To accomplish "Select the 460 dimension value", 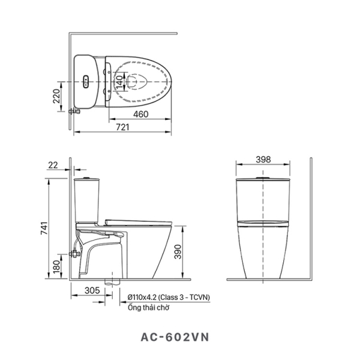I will coord(140,114).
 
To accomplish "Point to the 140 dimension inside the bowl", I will coord(119,80).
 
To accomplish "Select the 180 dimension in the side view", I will coord(55,265).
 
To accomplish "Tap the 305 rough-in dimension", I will coord(91,290).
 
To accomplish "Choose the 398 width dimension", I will coord(263,160).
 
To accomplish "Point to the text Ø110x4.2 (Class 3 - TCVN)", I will coord(169,297).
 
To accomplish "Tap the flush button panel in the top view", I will coord(86,80).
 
